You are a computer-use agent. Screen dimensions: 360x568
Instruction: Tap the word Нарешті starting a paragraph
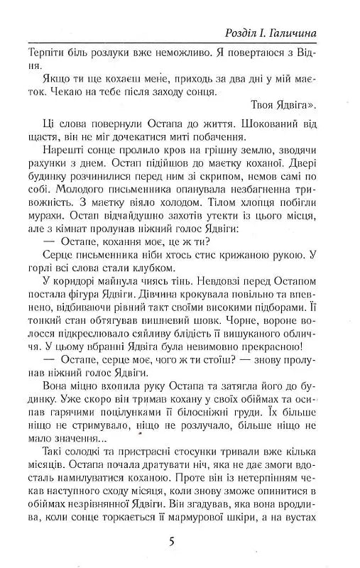pos(52,157)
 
